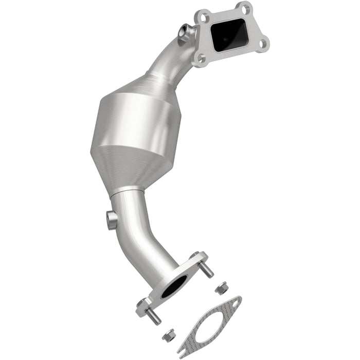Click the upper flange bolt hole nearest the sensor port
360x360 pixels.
202,16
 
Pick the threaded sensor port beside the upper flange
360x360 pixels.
183,33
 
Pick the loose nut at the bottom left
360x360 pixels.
166,337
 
